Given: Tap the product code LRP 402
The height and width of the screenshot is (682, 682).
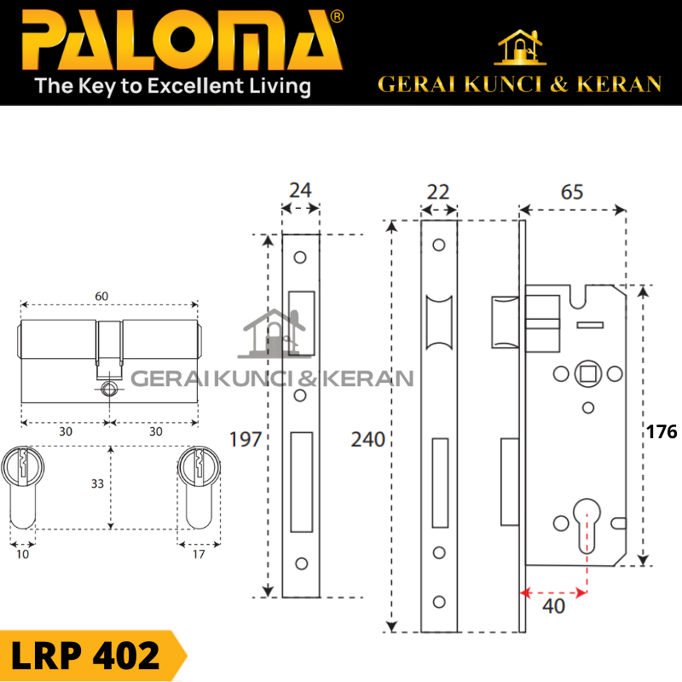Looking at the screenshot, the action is click(85, 656).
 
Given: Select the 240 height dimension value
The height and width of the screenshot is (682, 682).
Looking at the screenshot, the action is click(368, 440).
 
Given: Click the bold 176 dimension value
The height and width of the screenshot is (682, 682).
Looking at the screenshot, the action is click(662, 432).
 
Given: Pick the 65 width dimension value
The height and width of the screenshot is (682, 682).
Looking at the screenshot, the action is click(573, 192).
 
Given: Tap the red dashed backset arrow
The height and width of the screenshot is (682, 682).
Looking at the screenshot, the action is click(555, 591).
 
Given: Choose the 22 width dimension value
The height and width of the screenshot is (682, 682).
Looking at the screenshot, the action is click(438, 192).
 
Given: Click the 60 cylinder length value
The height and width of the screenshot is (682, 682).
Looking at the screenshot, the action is click(102, 296).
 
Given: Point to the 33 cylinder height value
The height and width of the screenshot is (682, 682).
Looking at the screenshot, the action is click(97, 483).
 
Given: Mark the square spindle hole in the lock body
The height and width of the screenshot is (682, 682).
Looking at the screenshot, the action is click(587, 373).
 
